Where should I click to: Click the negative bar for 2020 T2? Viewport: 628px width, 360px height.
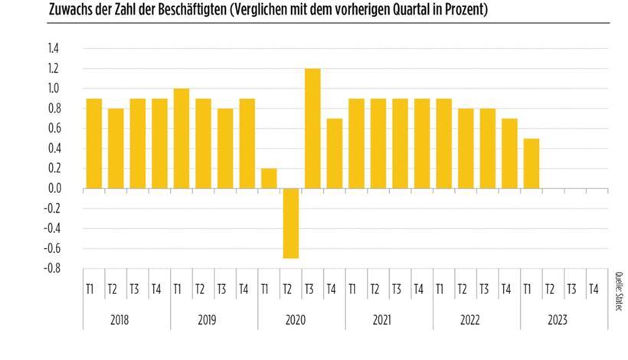290,223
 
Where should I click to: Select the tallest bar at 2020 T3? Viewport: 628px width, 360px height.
312,128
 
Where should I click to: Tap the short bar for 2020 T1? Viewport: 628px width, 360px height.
269,178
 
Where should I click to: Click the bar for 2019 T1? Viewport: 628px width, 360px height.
181,138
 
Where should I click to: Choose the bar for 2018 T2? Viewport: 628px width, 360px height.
116,148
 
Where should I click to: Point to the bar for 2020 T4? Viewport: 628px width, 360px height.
334,153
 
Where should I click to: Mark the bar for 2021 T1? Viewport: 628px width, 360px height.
356,143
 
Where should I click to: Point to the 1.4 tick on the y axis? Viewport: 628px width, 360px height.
54,48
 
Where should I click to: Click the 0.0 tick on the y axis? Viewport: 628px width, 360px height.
54,188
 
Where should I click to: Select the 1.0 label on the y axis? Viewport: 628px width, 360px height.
54,88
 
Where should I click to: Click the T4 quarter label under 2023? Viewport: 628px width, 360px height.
593,289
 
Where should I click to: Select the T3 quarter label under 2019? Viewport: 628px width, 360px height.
221,289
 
